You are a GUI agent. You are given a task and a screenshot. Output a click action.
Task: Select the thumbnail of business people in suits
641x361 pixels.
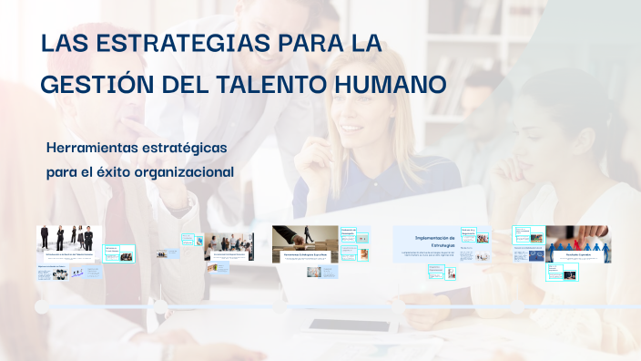(x=68, y=238)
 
